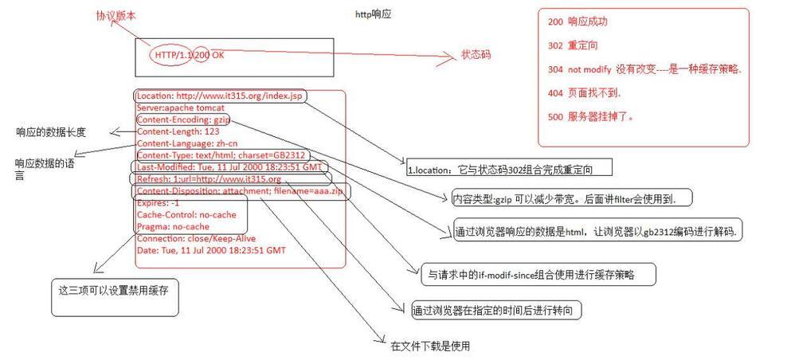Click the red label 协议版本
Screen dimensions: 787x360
[116, 16]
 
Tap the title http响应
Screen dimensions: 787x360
[373, 14]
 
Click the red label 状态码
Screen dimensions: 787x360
[476, 55]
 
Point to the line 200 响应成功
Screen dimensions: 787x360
[578, 22]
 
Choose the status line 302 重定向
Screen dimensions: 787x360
[573, 45]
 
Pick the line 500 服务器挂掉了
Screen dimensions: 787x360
[590, 117]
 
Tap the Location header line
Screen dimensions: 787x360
[219, 96]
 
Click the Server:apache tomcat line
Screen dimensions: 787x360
[181, 108]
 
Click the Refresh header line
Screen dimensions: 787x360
[209, 179]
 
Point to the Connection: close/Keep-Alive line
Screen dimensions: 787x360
[196, 238]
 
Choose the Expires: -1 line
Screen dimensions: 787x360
[158, 203]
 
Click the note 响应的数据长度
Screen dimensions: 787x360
[51, 132]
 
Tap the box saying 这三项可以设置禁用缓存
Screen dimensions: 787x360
[115, 297]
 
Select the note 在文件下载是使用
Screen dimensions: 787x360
[430, 346]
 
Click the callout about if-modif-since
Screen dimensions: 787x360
[538, 274]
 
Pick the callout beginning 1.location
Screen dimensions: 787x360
[510, 169]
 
